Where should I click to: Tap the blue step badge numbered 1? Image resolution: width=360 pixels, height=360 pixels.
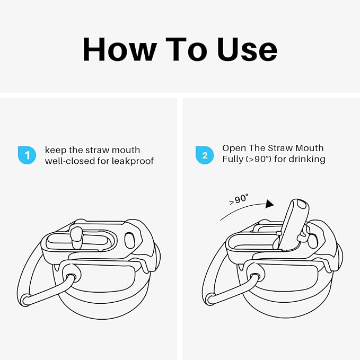click(x=27, y=155)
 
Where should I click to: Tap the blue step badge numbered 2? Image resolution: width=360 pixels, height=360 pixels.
click(x=205, y=155)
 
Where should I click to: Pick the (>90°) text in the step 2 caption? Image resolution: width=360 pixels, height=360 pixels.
click(x=259, y=159)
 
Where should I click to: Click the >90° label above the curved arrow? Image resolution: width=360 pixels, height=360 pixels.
click(x=239, y=199)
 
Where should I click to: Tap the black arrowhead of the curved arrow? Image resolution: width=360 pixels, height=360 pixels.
click(x=269, y=204)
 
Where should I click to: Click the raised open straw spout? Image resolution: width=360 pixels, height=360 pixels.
click(x=293, y=223)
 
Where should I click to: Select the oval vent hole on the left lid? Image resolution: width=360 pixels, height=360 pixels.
click(x=130, y=240)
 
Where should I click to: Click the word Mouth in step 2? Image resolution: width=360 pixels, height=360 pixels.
click(x=309, y=148)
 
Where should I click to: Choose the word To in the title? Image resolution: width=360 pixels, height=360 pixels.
click(x=187, y=49)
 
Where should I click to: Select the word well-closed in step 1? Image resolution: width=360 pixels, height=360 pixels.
click(x=69, y=161)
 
